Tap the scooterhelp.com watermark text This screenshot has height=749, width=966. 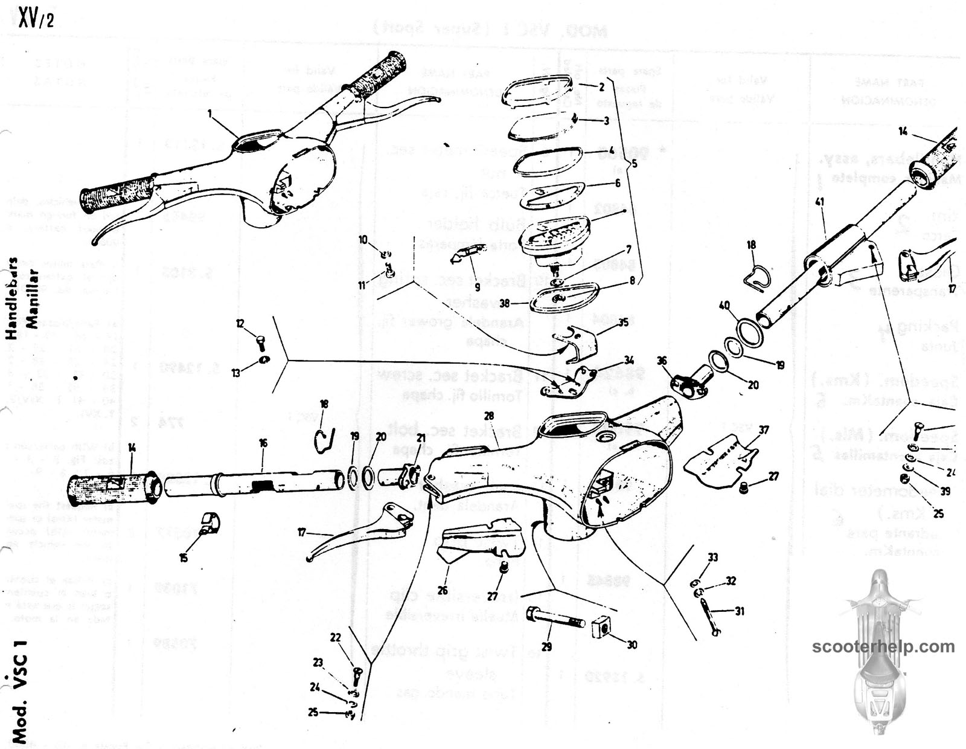click(883, 647)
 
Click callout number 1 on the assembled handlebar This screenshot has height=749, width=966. click(210, 112)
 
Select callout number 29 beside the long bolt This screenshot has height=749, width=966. click(546, 646)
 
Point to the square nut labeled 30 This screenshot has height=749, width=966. click(600, 628)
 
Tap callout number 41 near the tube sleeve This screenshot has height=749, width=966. click(819, 202)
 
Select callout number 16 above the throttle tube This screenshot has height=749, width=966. click(263, 443)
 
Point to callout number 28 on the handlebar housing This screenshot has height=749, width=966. click(489, 416)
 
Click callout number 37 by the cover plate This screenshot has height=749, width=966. click(764, 430)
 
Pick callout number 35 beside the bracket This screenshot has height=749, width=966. click(623, 323)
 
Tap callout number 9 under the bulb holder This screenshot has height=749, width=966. click(477, 287)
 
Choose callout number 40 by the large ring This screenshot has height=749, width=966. click(724, 306)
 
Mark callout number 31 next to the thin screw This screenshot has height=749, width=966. click(740, 611)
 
